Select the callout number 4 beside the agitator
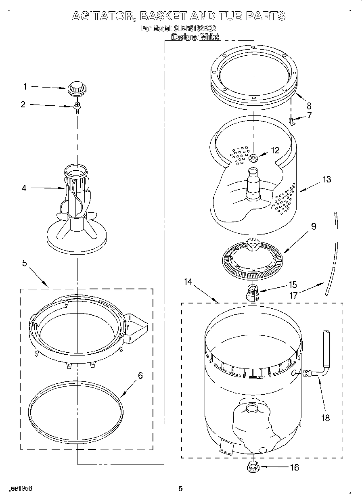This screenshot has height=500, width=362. pos(24,188)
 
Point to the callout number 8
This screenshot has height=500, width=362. pos(309,106)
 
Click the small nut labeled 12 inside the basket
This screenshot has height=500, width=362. pos(254,157)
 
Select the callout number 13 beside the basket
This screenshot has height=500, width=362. pos(326,180)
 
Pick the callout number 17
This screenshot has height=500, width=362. pos(293,295)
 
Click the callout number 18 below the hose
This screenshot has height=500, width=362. pos(324,418)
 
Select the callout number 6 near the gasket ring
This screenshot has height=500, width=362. pos(140,376)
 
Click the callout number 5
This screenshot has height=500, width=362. pos(25,263)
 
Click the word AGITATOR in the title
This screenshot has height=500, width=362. pos(103,16)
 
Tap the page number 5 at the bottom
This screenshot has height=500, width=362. pos(181,489)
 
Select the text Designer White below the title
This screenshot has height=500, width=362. pos(195,37)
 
